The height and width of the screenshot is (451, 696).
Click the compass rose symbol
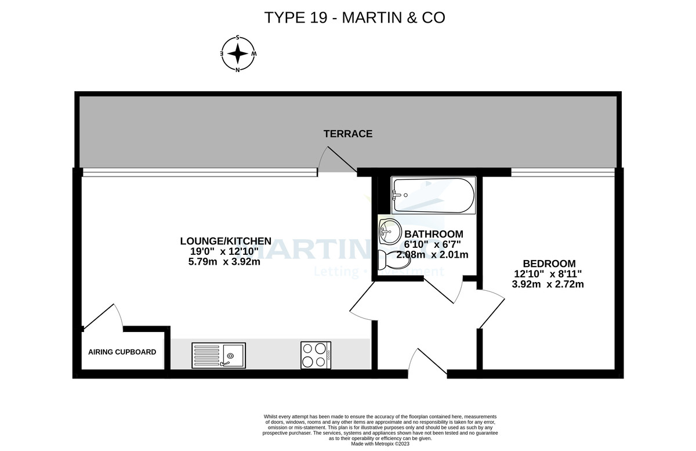238,54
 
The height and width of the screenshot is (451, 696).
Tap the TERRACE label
348,134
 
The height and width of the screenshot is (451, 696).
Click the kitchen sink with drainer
219,355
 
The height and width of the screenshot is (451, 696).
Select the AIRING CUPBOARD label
122,352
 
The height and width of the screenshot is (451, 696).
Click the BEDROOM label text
549,263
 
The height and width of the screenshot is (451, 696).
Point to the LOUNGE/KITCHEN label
226,241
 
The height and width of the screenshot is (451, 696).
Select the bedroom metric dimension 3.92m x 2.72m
548,284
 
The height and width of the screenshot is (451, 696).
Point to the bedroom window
562,172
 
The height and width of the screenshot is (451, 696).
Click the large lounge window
200,172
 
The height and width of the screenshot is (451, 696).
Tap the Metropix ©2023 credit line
380,443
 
